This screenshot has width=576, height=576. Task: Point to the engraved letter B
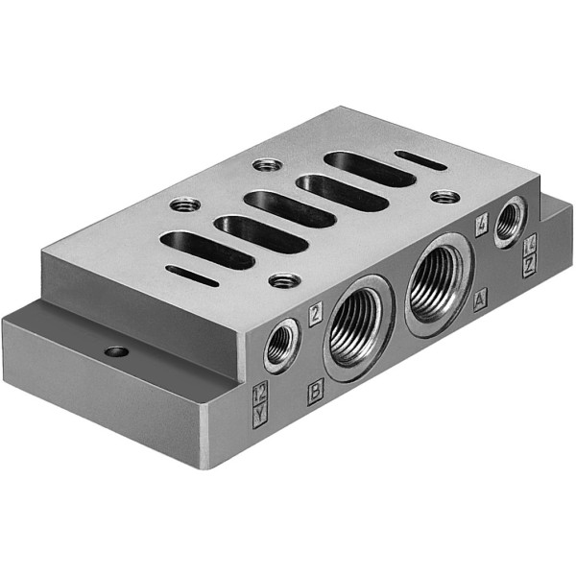tap(315, 393)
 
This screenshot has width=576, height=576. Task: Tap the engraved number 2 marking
tap(315, 309)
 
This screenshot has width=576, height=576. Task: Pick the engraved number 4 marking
tap(482, 228)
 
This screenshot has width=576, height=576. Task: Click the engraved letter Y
tap(259, 414)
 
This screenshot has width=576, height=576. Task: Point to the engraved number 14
tap(529, 252)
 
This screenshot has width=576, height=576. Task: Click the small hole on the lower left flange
tap(116, 351)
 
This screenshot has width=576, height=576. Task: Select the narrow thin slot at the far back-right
tap(420, 160)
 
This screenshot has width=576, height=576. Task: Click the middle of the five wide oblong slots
tap(289, 209)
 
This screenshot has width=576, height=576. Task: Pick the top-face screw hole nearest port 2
tap(283, 280)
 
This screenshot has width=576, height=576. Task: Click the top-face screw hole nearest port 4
tap(444, 197)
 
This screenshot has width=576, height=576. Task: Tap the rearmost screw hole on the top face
tap(268, 164)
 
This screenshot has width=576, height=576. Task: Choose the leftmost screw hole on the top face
tap(185, 204)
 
